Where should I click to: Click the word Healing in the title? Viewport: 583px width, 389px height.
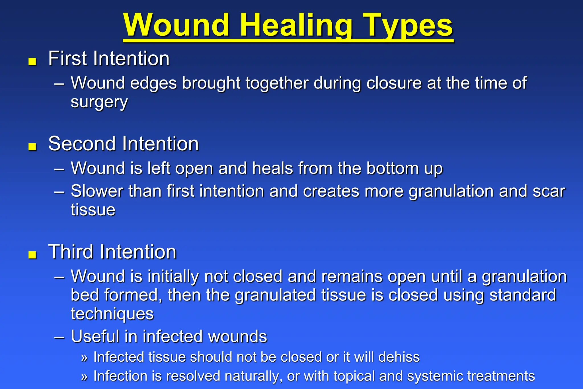tap(296, 26)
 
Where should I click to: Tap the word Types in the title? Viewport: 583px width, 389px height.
tap(408, 26)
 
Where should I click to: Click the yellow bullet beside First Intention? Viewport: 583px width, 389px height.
tap(32, 61)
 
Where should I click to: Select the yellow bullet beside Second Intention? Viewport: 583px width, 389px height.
tap(32, 146)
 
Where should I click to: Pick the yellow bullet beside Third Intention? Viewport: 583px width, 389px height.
tap(32, 255)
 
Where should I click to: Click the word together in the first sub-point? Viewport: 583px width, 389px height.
tap(277, 83)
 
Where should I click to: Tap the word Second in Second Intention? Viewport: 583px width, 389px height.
tap(83, 144)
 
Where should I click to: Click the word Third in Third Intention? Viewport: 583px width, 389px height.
tap(71, 252)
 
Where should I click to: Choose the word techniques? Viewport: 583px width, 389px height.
tap(112, 314)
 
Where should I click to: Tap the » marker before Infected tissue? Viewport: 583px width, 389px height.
tap(84, 358)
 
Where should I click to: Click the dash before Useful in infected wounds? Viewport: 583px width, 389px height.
tap(59, 337)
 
